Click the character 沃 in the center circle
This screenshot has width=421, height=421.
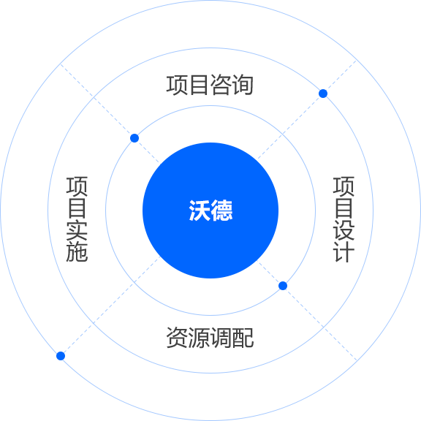click(x=200, y=210)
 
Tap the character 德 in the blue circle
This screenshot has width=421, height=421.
click(x=221, y=210)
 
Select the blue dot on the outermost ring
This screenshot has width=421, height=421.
click(x=61, y=356)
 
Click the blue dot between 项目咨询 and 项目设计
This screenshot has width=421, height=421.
click(x=323, y=94)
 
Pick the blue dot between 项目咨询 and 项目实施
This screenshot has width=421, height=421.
click(x=134, y=138)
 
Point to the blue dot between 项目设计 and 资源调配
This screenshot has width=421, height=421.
click(x=283, y=286)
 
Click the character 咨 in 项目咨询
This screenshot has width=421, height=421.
click(x=221, y=85)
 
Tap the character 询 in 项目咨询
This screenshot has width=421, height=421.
click(x=243, y=85)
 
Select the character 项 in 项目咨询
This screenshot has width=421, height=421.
click(x=177, y=85)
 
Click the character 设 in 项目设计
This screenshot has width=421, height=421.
click(x=344, y=230)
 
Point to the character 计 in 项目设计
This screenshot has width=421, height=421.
click(x=344, y=251)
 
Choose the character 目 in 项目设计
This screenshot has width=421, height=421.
click(x=344, y=208)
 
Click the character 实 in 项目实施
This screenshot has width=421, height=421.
click(x=77, y=230)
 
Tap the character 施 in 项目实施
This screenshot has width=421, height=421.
click(x=77, y=251)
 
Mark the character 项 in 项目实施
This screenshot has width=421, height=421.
click(x=77, y=186)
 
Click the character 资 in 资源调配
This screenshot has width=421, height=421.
click(x=177, y=338)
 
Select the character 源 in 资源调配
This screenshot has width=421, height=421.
click(x=199, y=338)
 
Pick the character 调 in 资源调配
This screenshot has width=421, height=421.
click(x=221, y=338)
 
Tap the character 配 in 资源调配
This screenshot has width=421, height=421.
click(x=243, y=338)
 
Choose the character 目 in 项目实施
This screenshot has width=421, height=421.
click(x=77, y=208)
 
